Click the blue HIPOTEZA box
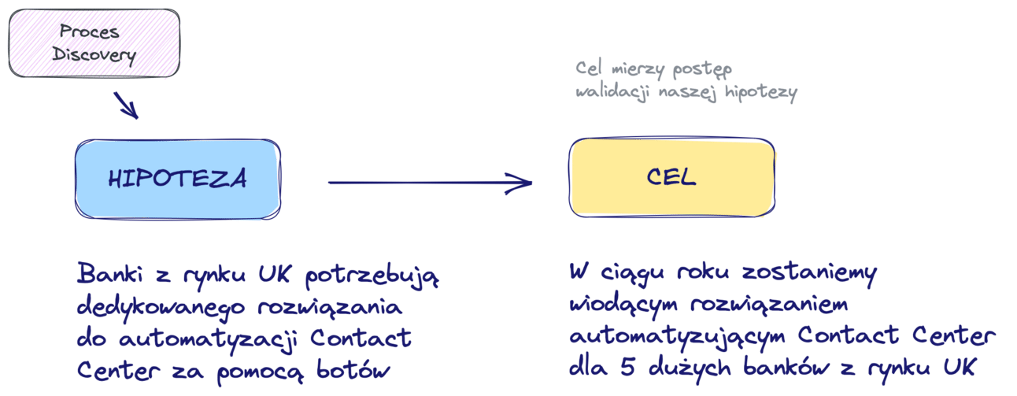177,179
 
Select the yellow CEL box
671,177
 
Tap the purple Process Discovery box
94,43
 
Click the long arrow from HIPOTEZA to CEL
429,183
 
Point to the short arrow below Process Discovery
126,105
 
